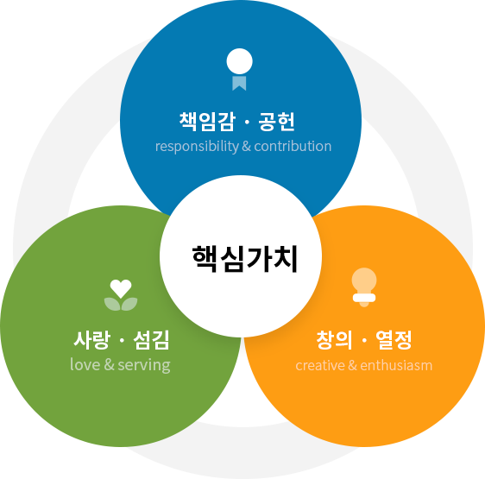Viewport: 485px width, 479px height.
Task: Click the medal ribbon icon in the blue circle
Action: [239, 69]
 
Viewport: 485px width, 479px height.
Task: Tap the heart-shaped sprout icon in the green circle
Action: [121, 295]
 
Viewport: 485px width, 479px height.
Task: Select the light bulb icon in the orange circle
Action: [364, 287]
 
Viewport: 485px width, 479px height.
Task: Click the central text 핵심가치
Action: [244, 259]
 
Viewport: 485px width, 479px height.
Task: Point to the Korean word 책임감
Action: [207, 122]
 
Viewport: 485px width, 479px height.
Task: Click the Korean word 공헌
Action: [276, 122]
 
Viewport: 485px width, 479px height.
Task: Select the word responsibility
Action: [197, 147]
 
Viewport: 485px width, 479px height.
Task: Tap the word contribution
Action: [293, 147]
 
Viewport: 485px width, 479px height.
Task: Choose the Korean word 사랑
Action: [91, 340]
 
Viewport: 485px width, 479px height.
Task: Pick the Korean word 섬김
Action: [152, 340]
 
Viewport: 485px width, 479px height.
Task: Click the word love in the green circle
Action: [85, 364]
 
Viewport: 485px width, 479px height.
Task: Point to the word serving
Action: [144, 366]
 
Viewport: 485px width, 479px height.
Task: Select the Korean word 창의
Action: [334, 340]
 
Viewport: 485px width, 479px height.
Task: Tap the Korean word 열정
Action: [394, 340]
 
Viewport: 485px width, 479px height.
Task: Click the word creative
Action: [320, 365]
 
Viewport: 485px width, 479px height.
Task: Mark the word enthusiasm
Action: [396, 365]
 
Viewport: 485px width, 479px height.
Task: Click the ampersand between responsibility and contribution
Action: [247, 147]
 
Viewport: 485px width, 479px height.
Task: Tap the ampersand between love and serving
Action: [110, 365]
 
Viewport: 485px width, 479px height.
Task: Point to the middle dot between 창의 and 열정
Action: [364, 341]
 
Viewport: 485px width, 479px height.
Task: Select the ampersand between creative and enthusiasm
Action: [353, 365]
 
